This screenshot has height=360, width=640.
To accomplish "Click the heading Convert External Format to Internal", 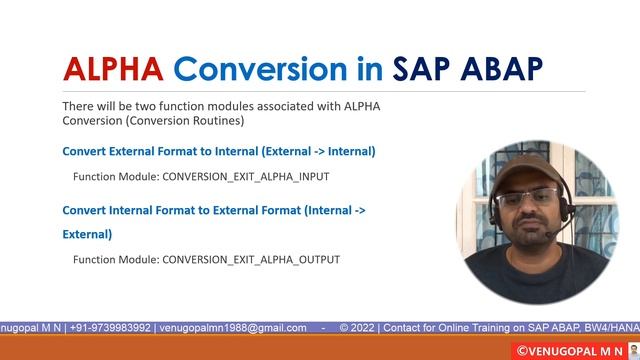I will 218,151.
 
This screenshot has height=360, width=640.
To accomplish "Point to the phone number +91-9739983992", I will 103,327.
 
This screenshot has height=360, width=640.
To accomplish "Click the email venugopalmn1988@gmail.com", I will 234,327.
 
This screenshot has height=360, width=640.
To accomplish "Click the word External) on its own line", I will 87,234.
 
